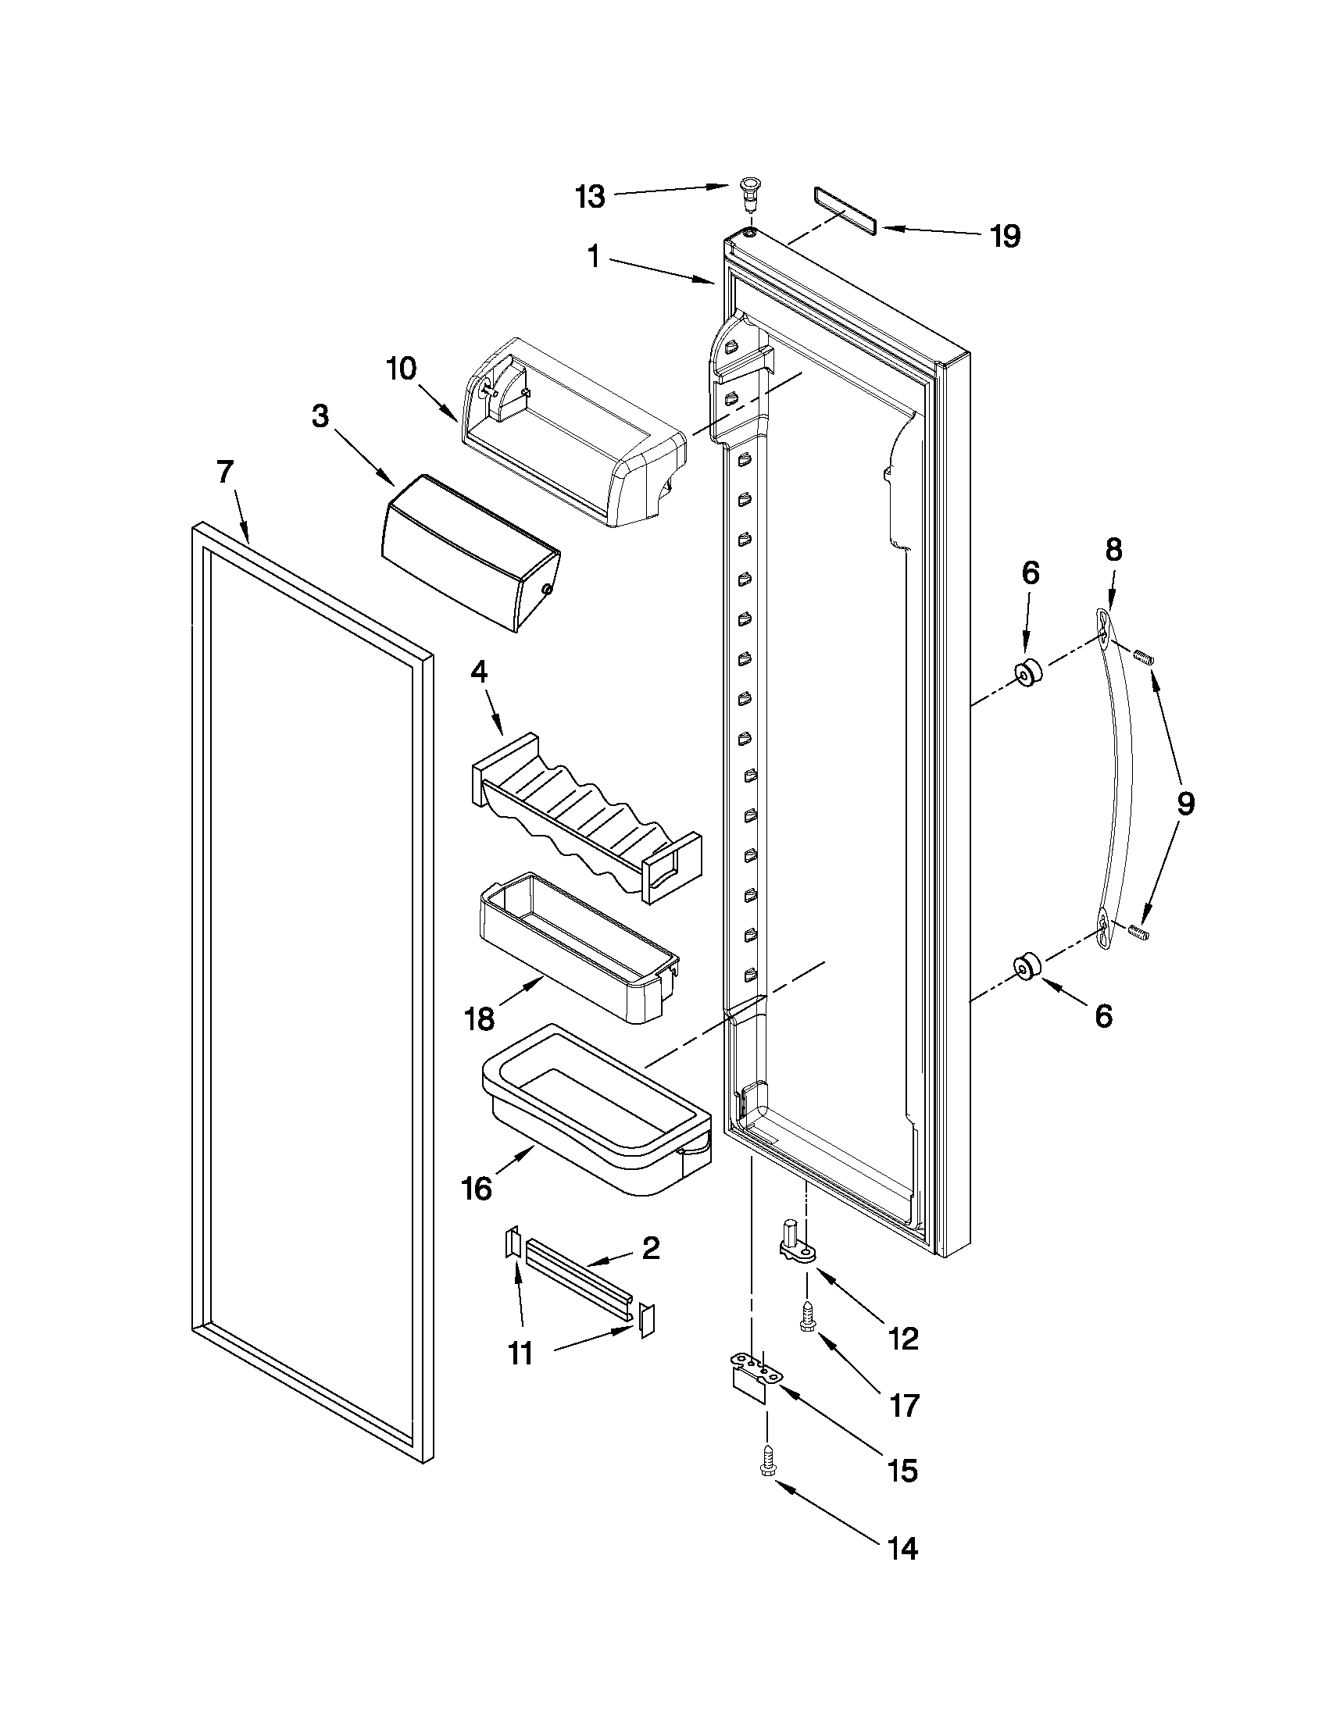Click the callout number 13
(590, 196)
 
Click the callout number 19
(1006, 235)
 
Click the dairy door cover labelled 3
(470, 551)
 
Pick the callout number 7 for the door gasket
(224, 473)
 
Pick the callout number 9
(1186, 804)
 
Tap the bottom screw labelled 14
(765, 1463)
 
